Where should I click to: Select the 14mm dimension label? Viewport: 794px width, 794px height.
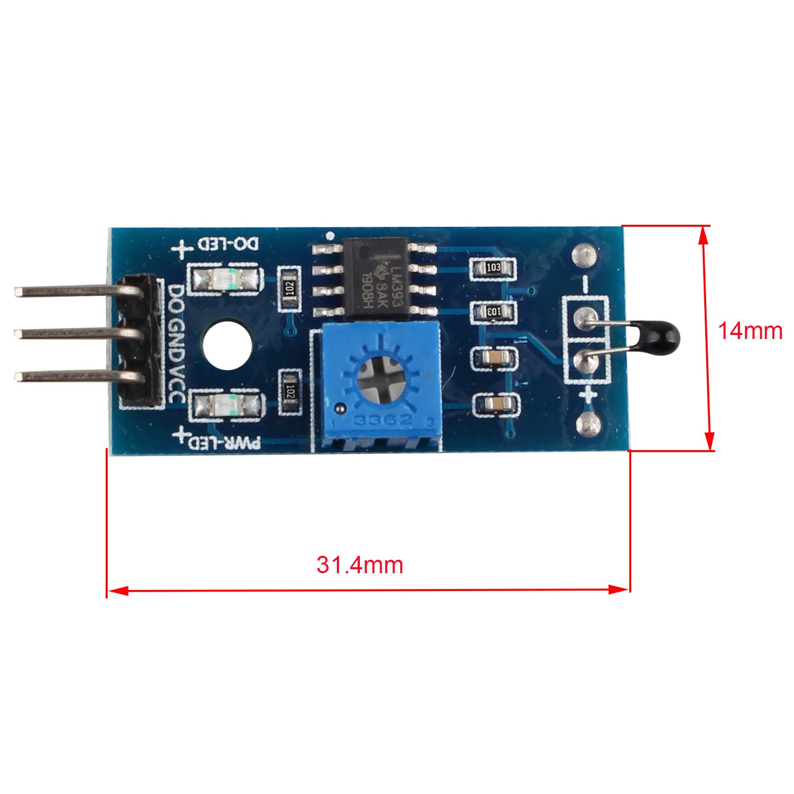(x=750, y=331)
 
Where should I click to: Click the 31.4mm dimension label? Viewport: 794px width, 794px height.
(x=360, y=565)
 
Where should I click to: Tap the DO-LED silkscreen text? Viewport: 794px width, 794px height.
(x=228, y=244)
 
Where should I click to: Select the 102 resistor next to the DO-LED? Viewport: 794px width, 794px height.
(x=290, y=289)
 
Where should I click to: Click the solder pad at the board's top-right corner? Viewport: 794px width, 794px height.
(x=584, y=255)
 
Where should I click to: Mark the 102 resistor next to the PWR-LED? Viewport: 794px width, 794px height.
(x=291, y=393)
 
